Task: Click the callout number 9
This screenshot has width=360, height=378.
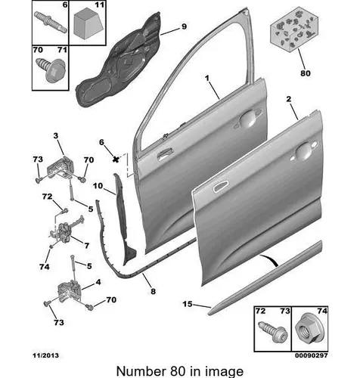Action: coord(184,26)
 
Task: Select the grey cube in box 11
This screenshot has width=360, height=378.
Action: coord(88,23)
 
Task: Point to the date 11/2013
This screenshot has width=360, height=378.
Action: coord(45,355)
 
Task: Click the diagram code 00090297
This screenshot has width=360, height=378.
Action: coord(312,355)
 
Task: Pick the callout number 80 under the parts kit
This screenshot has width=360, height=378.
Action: coord(306,73)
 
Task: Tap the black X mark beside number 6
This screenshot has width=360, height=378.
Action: coord(116,160)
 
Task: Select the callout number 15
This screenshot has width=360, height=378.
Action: coord(188,304)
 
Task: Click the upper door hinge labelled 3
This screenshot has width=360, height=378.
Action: coord(61,167)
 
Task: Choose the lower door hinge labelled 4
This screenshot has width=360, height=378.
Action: coord(70,291)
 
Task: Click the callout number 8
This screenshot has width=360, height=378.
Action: coord(153,292)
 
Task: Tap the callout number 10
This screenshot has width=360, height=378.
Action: coord(98,186)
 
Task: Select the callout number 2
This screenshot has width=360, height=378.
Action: coord(289,99)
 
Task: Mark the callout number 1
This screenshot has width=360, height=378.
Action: coord(207,79)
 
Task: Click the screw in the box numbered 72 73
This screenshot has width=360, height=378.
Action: coord(273,332)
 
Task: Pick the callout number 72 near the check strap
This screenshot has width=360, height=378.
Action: coord(47,197)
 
